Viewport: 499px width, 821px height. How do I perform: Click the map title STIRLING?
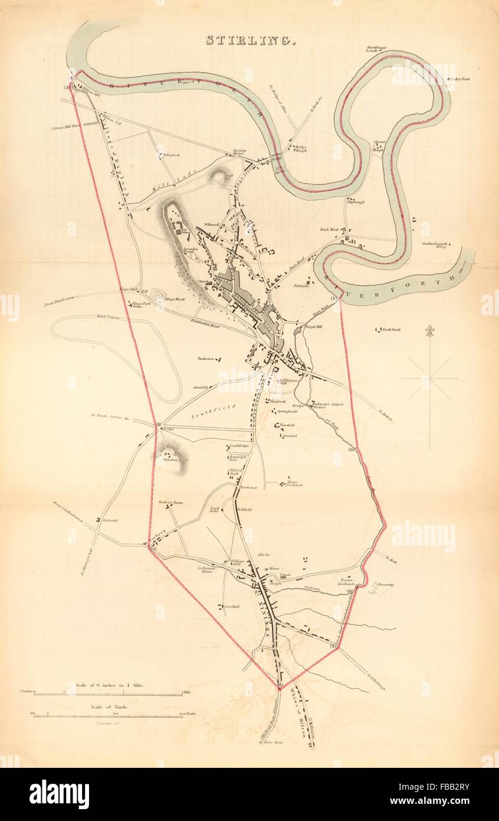point(250,40)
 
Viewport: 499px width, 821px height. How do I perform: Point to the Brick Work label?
point(328,230)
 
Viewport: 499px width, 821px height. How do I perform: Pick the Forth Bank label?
point(391,329)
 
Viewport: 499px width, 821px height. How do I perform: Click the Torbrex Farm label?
point(170,502)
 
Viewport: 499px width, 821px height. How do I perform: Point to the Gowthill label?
point(232,607)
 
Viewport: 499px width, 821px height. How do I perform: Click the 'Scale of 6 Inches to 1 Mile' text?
point(109,685)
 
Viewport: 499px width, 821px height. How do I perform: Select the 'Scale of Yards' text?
point(109,706)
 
